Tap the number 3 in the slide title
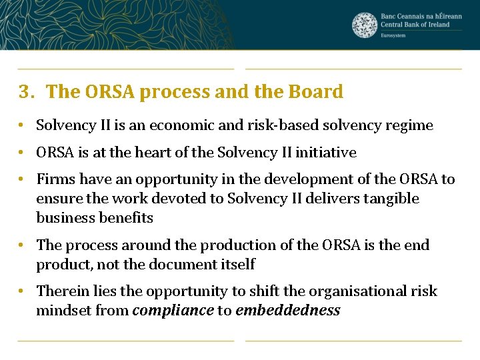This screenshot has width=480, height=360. [x=25, y=92]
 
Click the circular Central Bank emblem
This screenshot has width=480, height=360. [x=365, y=25]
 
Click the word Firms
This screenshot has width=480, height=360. [x=54, y=179]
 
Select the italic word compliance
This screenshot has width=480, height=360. [x=173, y=311]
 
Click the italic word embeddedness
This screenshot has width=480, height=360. [x=287, y=311]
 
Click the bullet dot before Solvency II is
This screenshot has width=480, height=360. [x=22, y=125]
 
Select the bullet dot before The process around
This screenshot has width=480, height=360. [x=22, y=245]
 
